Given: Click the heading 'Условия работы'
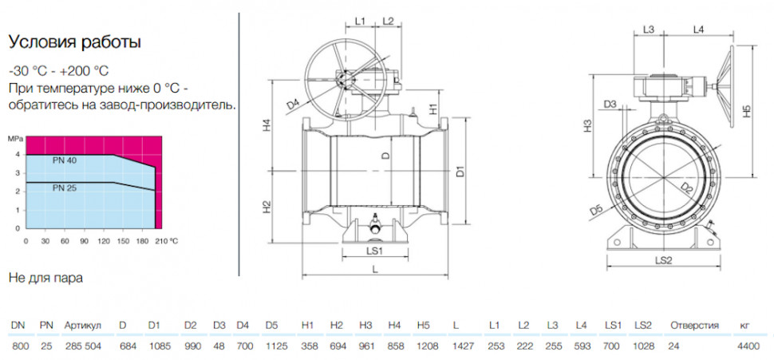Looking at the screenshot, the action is pos(75,42).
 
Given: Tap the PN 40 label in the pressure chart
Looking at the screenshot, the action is pos(65,160).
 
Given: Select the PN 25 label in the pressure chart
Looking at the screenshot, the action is pos(65,188).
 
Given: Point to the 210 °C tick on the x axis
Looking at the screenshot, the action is pos(167,241).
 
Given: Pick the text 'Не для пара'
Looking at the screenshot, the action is pos(46,278).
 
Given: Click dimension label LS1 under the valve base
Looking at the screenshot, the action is pos(375,251).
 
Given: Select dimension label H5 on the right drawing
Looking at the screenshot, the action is pos(748,112).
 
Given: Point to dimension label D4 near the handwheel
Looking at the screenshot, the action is pos(293,105).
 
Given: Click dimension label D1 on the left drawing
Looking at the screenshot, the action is pos(460,172).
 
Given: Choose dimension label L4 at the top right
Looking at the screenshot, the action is pos(698,30).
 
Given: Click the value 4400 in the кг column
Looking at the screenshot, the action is pos(748,346).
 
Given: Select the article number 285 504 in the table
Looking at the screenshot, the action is pos(83,346).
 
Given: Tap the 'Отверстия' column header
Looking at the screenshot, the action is pos(694,326).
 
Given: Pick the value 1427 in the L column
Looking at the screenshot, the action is pos(463,346).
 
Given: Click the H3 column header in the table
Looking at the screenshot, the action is pos(365,326).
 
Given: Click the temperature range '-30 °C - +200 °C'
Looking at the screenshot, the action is pos(59,71).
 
